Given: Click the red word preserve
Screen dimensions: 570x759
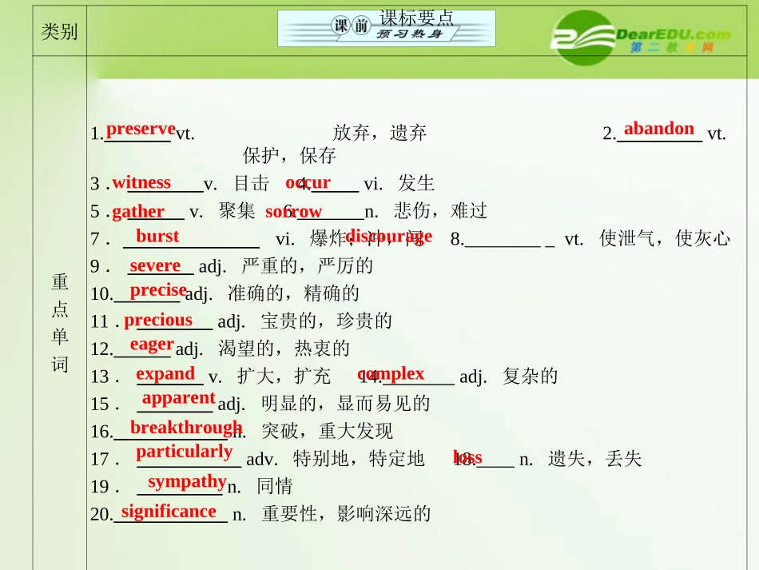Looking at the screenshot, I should point(141,129).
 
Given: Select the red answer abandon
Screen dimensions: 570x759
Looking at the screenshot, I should point(659,129).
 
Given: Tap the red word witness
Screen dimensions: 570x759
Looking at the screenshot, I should point(141,182).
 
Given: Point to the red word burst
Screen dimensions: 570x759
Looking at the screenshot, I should point(157,236).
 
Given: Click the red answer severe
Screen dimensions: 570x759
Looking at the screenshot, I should point(155,265).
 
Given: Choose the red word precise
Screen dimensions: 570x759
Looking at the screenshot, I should point(158,290).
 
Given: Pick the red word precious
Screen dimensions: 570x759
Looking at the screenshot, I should point(158,320).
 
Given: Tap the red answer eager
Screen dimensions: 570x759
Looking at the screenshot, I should point(152,344).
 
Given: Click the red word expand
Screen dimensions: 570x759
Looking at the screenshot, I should point(165,373).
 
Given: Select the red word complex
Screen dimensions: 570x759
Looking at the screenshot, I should point(391,373).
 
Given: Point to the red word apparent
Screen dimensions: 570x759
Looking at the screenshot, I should point(178,397).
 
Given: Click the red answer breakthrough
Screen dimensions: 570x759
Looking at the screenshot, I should point(186,428).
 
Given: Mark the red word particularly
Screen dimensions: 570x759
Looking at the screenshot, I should point(185,452).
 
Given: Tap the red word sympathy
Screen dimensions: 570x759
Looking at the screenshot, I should point(187,481).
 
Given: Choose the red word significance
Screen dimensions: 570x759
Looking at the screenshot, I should point(169,512).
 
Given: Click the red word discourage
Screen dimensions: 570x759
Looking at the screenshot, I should point(389,236).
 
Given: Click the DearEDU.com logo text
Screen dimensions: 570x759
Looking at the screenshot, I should point(673,34).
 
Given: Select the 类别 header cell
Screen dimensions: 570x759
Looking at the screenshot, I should point(59,32).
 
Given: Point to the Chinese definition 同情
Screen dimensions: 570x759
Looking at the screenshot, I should point(274,486).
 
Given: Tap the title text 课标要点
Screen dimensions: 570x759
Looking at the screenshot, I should point(416,18).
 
